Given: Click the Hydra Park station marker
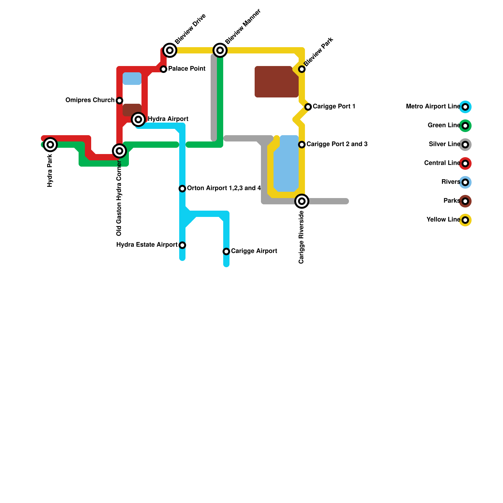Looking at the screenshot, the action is (50, 145).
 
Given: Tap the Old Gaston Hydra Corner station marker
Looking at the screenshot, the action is (119, 151).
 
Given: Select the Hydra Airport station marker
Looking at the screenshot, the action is (138, 119).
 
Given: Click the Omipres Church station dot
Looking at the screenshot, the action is (119, 101).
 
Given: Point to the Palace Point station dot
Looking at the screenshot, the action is (163, 69).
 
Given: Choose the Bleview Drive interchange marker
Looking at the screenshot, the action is (170, 50).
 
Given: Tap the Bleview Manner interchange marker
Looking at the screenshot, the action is (220, 50).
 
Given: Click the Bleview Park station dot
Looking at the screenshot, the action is (302, 69).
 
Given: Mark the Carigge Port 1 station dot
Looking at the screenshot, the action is (308, 107).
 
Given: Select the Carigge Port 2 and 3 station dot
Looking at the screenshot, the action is (302, 145).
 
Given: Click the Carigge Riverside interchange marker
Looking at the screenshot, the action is (302, 201).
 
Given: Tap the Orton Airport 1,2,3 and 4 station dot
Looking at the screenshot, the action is (182, 189).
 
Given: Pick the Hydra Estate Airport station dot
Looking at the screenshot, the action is (182, 245).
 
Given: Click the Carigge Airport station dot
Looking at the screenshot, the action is (226, 251).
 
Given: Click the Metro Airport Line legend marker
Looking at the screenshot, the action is (465, 107).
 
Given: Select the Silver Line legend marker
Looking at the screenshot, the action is (465, 145).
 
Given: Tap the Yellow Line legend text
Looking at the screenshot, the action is (443, 220).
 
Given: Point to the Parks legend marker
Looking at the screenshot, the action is (465, 201).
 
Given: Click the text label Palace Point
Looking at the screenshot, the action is (187, 69).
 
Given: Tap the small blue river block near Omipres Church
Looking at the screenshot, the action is (132, 79).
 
